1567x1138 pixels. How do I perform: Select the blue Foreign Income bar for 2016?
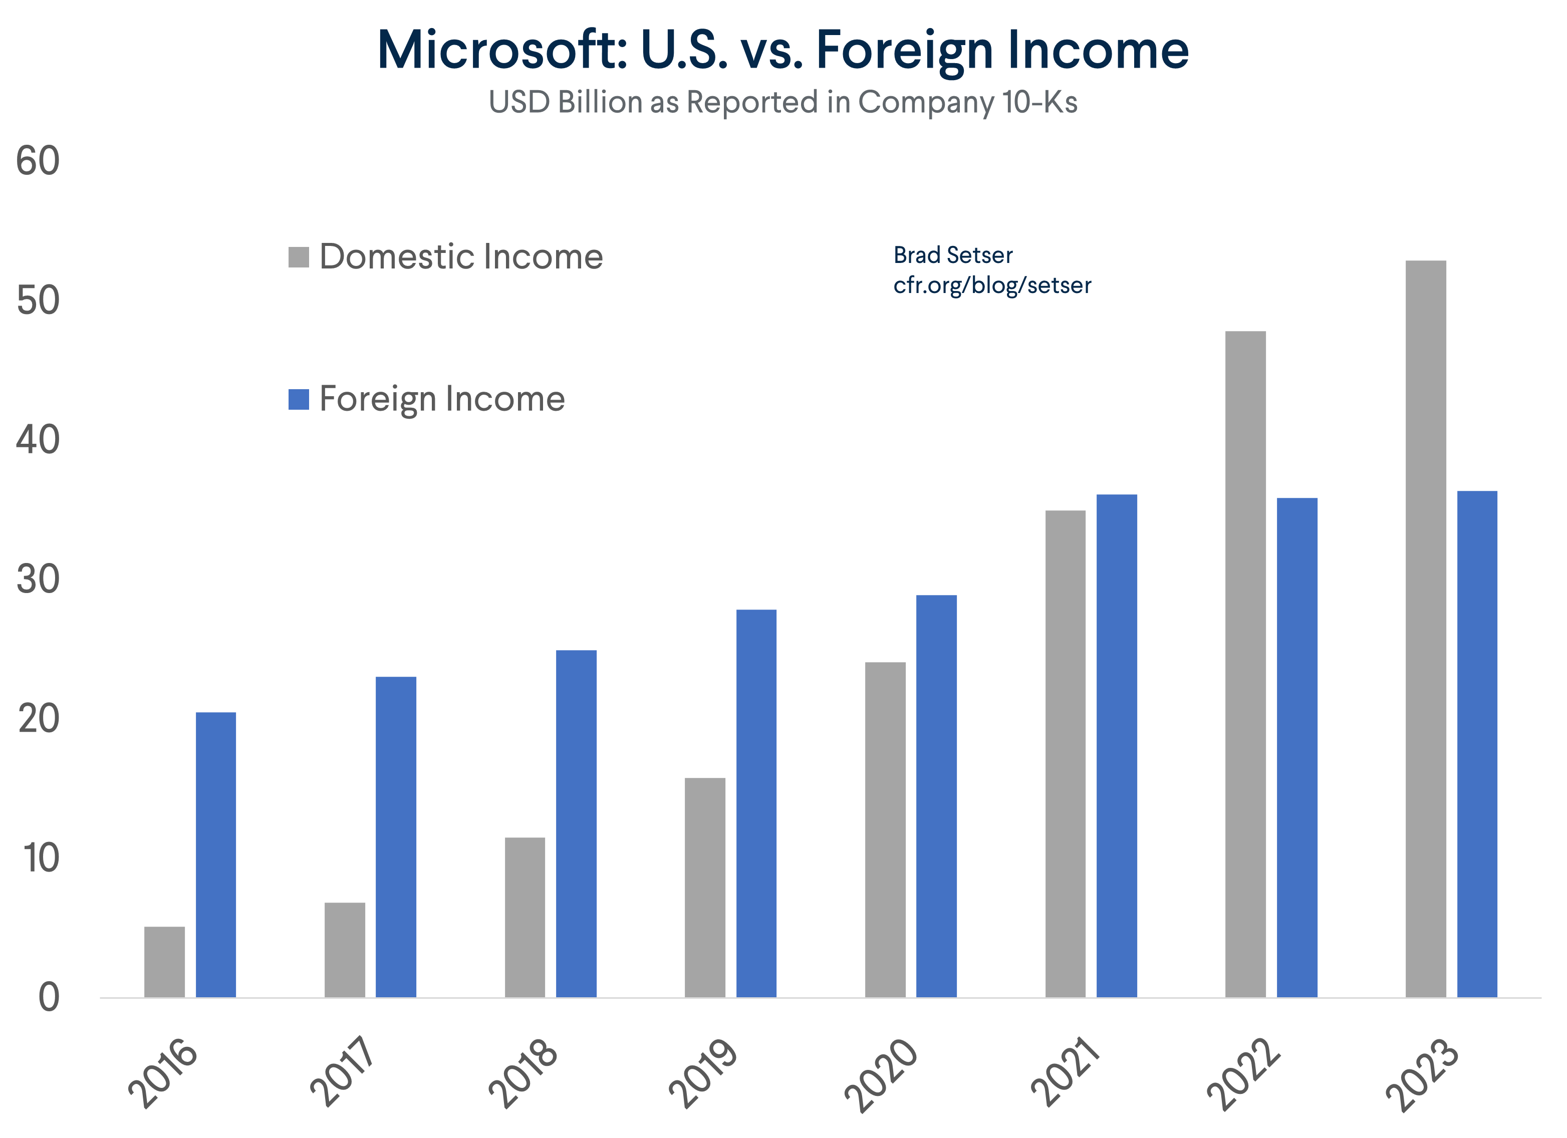(x=215, y=854)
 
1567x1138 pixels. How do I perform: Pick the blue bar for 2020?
(x=936, y=795)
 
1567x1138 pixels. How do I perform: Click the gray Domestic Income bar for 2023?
(x=1425, y=628)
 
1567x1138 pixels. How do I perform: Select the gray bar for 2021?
(x=1066, y=753)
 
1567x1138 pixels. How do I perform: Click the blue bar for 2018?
(x=576, y=823)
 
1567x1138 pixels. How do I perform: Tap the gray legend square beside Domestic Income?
(x=299, y=257)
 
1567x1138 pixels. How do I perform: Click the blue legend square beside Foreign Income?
(x=299, y=399)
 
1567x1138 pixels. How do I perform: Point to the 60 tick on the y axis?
(x=38, y=162)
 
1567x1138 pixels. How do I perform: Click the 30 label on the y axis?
(x=38, y=580)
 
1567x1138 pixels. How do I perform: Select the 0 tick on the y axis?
(x=49, y=998)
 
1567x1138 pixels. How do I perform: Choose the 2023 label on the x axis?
(x=1423, y=1073)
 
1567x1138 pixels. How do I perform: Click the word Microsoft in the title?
(x=501, y=51)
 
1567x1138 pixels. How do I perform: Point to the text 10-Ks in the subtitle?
(x=1040, y=102)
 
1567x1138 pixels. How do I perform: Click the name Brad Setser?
(x=952, y=255)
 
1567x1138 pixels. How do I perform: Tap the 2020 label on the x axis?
(x=882, y=1073)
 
